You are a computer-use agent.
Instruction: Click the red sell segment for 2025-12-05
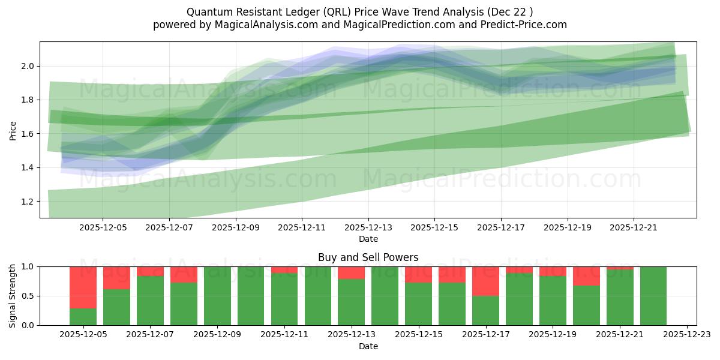(x=83, y=287)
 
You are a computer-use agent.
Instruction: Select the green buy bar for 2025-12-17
(x=485, y=310)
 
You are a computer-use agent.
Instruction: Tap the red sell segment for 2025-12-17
(x=485, y=281)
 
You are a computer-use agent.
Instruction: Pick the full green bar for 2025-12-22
(x=653, y=296)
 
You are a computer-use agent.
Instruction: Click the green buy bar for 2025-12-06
(x=116, y=307)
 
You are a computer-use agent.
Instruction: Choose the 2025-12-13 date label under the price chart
(x=368, y=228)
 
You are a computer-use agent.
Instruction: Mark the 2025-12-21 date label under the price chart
(x=634, y=228)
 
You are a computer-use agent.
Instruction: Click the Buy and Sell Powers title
(x=368, y=257)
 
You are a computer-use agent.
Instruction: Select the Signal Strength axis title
(x=13, y=296)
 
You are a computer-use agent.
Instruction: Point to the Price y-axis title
(x=13, y=130)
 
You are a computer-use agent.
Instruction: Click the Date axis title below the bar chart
(x=368, y=346)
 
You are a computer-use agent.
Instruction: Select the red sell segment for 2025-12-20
(x=586, y=276)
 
